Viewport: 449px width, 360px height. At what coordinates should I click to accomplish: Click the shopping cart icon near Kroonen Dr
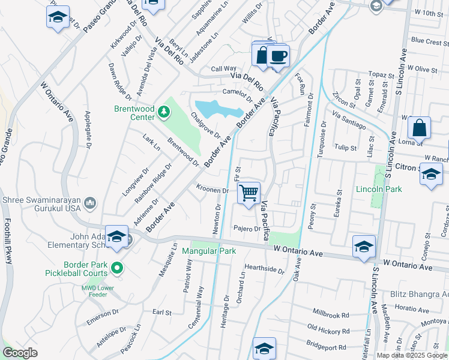pos(249,193)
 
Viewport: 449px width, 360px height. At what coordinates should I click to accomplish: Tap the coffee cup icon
pos(277,56)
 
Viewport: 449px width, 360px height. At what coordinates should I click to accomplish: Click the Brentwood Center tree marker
pos(163,112)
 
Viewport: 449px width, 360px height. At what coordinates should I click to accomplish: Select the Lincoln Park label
pos(379,188)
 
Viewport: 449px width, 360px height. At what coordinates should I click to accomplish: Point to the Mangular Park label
pos(209,251)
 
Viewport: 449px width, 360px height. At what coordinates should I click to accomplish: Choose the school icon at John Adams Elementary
pos(116,236)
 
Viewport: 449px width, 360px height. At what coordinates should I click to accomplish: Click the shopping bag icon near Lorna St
pos(419,128)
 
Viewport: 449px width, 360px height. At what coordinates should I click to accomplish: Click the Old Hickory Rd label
pos(328,328)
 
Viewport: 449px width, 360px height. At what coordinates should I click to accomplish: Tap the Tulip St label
pos(345,147)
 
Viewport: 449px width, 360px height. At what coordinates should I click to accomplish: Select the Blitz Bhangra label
pos(427,295)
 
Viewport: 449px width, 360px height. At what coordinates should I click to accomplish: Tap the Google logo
pos(20,353)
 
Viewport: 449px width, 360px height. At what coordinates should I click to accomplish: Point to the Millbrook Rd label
pos(331,314)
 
